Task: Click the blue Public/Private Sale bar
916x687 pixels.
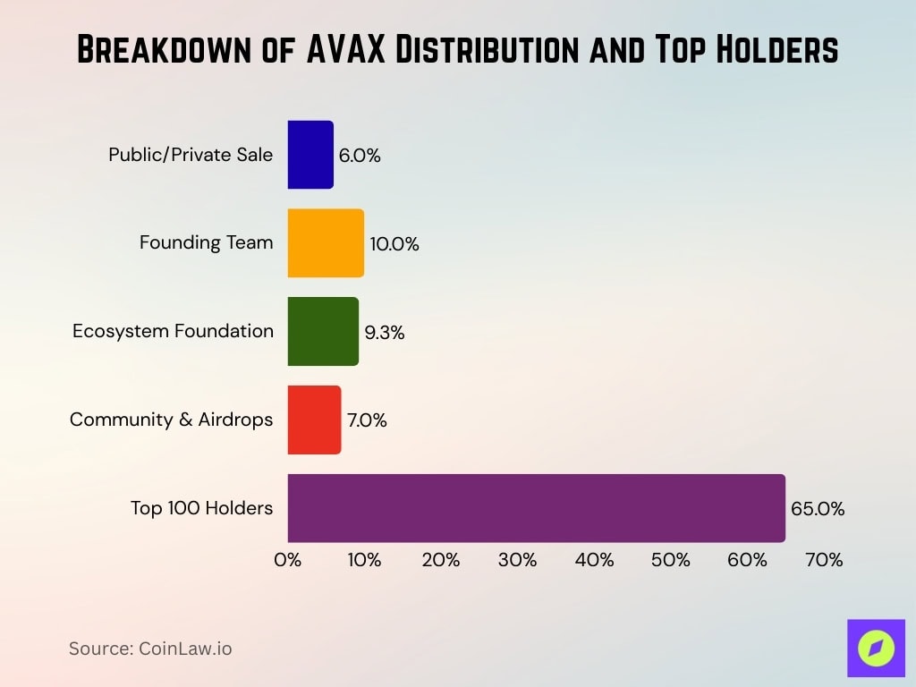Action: click(310, 155)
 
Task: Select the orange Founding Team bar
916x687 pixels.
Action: click(326, 243)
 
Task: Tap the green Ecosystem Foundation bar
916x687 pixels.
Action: click(323, 332)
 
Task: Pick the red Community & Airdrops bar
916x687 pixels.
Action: click(314, 420)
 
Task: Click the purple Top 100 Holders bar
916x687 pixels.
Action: click(536, 508)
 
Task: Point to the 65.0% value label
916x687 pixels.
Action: click(818, 509)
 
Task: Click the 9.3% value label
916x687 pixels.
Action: click(385, 333)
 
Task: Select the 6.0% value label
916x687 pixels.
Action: click(360, 156)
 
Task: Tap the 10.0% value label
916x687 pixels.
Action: click(394, 244)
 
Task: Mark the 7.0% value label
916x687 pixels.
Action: click(367, 420)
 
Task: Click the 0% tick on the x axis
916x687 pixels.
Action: click(287, 560)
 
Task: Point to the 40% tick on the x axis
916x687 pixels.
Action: click(594, 560)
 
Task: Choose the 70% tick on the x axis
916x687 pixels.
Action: click(824, 560)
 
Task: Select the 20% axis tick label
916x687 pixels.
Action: click(441, 560)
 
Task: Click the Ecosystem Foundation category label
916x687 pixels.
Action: click(173, 331)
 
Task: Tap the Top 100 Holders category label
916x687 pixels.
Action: click(201, 508)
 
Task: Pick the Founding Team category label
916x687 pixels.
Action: click(206, 242)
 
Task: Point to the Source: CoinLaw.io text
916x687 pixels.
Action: click(150, 649)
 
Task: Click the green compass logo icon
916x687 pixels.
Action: click(876, 649)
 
